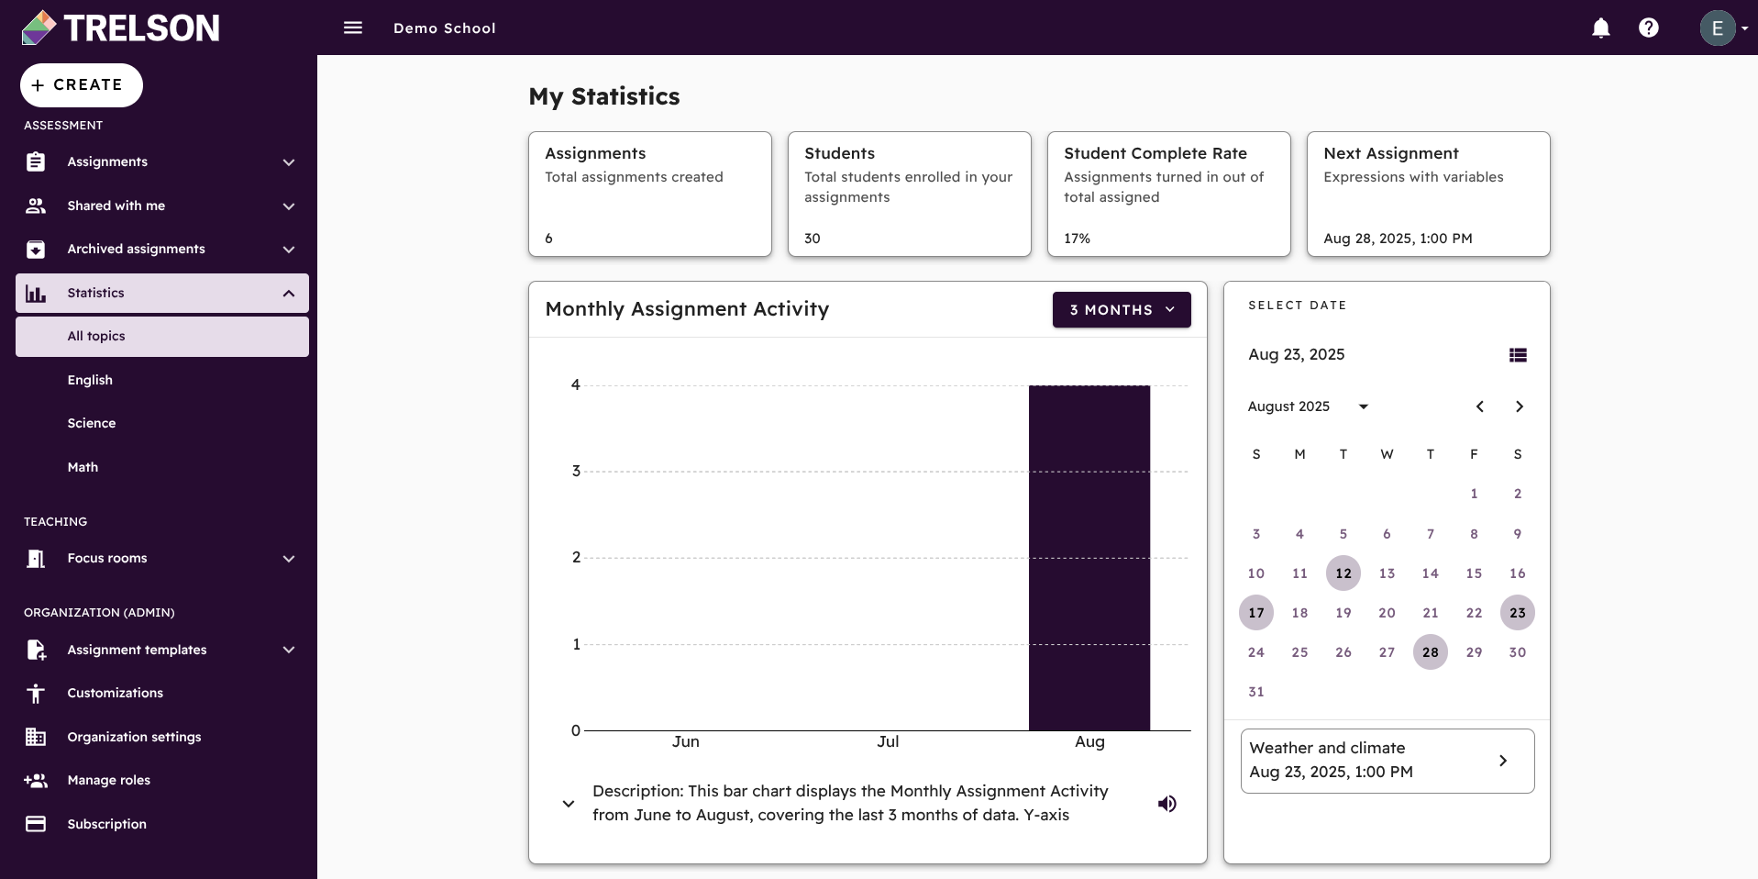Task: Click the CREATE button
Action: [81, 85]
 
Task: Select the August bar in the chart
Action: [1089, 558]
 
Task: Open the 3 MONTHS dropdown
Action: [1121, 310]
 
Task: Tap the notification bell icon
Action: [1600, 28]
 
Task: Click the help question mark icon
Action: [1648, 28]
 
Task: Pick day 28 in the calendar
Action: [1430, 652]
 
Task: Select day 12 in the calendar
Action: [1343, 573]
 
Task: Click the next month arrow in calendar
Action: [1519, 406]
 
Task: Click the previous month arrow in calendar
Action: [1479, 406]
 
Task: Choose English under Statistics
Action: [90, 380]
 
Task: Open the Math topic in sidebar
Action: [83, 467]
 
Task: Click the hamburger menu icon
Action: [353, 28]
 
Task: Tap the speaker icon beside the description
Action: [1166, 804]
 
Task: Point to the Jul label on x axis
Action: [887, 741]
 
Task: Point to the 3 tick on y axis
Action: [576, 472]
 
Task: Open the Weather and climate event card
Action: [1387, 761]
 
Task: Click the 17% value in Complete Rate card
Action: [1077, 239]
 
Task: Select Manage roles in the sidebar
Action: [108, 780]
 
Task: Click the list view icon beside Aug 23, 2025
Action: [1518, 355]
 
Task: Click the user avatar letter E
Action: [1717, 28]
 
